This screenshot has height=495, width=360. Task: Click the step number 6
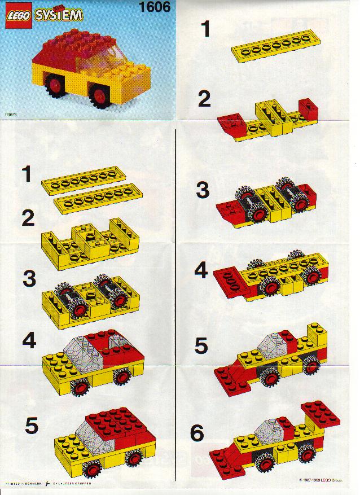[197, 433]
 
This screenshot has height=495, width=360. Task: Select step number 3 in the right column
[203, 190]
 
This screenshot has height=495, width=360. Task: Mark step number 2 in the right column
[204, 99]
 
